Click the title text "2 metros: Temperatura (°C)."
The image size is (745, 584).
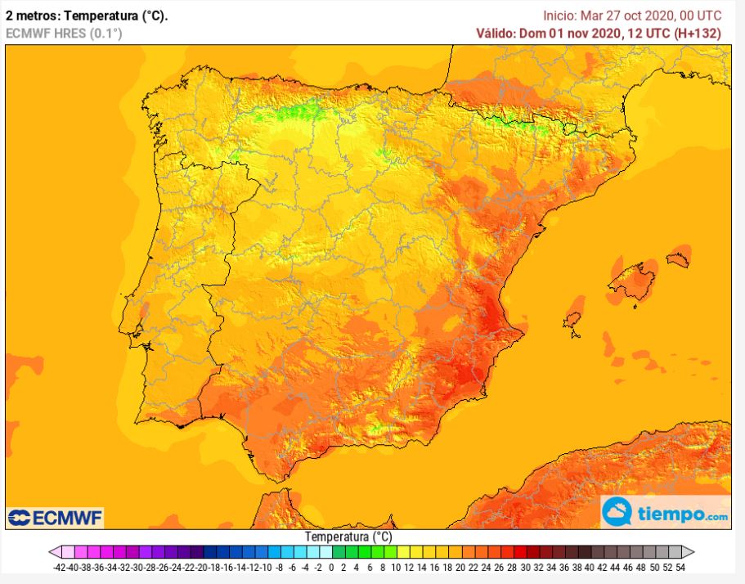click(x=87, y=16)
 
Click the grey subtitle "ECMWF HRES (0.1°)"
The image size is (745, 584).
click(x=64, y=34)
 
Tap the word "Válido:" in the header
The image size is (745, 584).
click(x=496, y=34)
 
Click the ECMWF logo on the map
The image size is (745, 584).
click(x=55, y=518)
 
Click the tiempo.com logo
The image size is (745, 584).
click(x=665, y=512)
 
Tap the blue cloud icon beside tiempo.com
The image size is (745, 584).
click(x=617, y=512)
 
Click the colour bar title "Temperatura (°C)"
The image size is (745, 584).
click(x=348, y=537)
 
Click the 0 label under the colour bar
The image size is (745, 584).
click(x=331, y=568)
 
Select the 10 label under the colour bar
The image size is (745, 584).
click(x=396, y=568)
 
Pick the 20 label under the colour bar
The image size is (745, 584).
click(x=460, y=568)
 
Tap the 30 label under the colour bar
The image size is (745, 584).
click(x=525, y=568)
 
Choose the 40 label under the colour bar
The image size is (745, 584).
click(x=589, y=568)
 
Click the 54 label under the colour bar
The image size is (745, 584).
click(x=680, y=568)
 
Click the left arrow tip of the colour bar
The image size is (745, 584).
click(x=50, y=552)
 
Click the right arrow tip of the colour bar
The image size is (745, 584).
click(x=693, y=552)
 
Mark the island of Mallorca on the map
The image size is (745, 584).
click(x=633, y=281)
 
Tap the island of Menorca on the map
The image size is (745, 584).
click(x=678, y=259)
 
